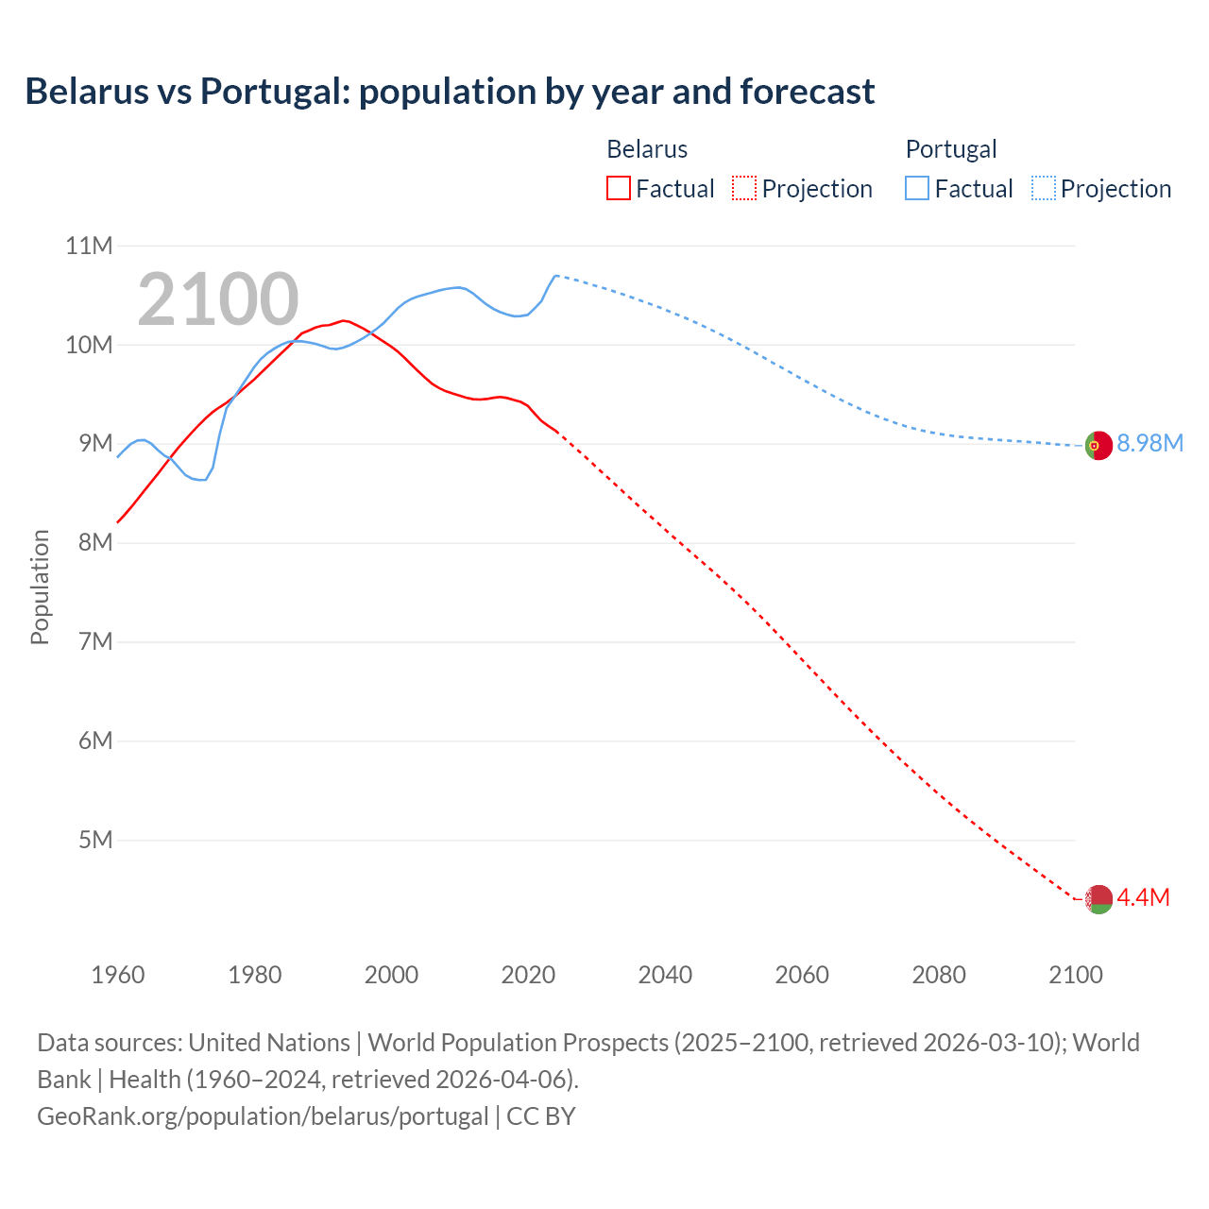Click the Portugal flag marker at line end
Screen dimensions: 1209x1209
click(1098, 445)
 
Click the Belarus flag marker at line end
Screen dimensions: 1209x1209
click(1098, 899)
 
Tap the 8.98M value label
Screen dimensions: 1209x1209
click(1149, 443)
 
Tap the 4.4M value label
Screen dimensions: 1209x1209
click(1143, 897)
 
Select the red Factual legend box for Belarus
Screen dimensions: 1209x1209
click(618, 188)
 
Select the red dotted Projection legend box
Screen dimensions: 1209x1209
click(744, 188)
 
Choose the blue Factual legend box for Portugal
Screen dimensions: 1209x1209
click(916, 188)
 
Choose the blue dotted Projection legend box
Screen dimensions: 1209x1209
click(1044, 188)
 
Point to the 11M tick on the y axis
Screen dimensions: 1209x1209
click(89, 246)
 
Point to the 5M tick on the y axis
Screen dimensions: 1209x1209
click(94, 840)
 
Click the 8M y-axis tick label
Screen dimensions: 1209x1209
click(94, 542)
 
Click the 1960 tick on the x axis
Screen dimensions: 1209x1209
click(118, 975)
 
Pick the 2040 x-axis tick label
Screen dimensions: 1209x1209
click(665, 975)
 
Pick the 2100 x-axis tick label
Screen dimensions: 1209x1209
click(1075, 975)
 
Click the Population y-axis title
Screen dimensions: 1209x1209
click(40, 587)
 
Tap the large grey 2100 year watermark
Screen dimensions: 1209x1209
click(218, 299)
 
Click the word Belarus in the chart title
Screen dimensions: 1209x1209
click(87, 91)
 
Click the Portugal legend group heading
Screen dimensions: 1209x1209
click(950, 149)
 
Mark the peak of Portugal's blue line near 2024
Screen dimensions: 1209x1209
click(555, 276)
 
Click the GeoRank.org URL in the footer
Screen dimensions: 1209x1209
click(263, 1115)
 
